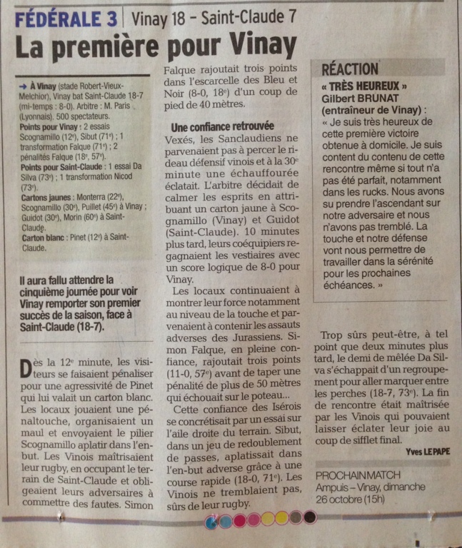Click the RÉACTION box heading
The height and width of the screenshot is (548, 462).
(x=350, y=69)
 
